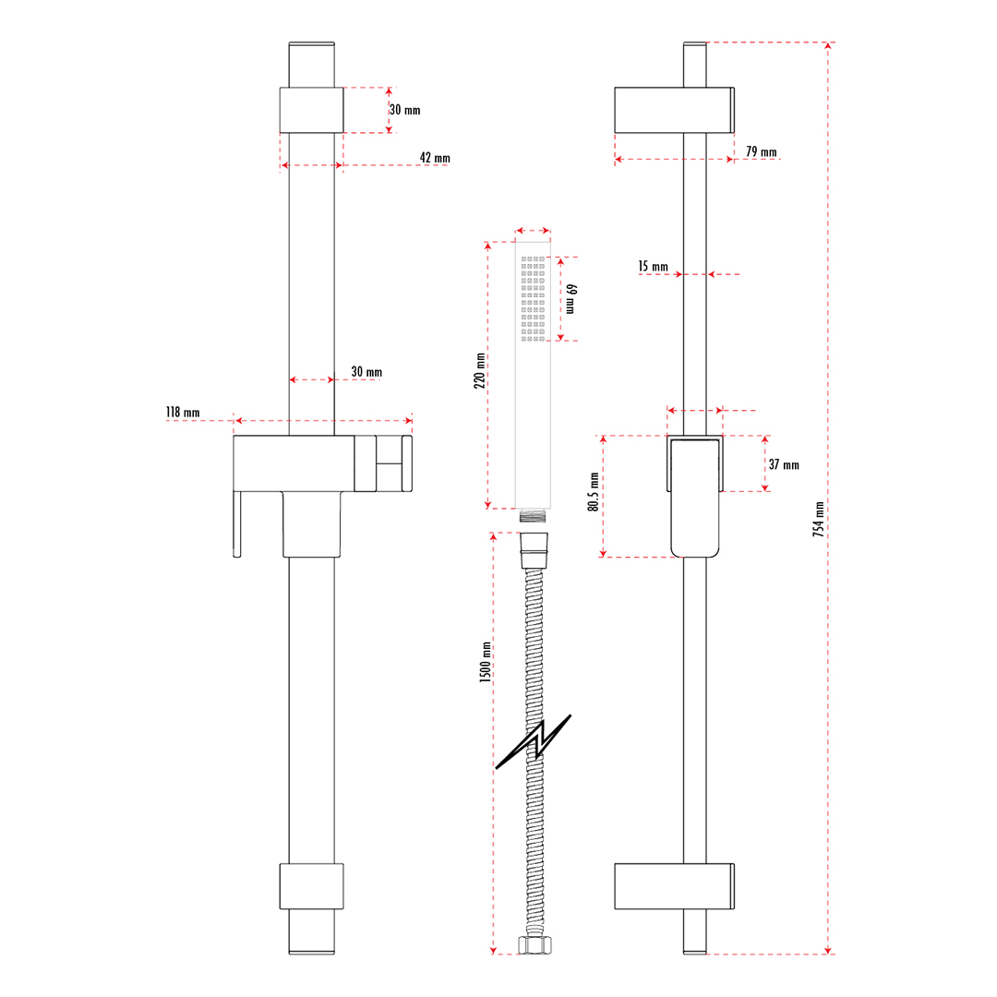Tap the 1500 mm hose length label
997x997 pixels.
click(x=485, y=663)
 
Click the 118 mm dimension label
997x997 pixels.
click(x=183, y=413)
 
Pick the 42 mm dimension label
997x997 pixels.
click(x=435, y=158)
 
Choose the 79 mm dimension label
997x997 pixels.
click(x=761, y=152)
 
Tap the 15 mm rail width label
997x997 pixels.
click(x=653, y=267)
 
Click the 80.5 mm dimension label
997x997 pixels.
click(x=594, y=496)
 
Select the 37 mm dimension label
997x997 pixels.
click(x=784, y=465)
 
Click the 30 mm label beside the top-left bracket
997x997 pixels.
click(x=404, y=110)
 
